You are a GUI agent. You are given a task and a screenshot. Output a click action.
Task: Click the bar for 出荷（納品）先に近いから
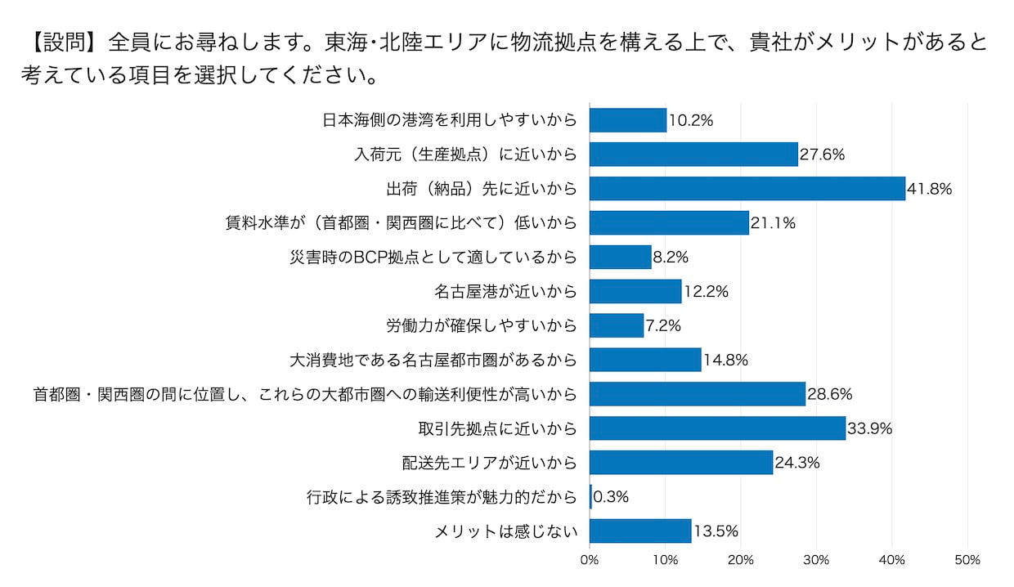coord(747,188)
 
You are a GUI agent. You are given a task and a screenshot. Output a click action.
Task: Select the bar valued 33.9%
coord(717,428)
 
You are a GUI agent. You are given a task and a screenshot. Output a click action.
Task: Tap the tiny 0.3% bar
coord(590,496)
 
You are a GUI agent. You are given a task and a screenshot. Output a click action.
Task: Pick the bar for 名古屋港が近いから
coord(635,291)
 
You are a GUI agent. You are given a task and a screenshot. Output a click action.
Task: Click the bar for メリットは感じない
coord(640,531)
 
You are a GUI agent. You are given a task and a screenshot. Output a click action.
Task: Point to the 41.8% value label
coord(930,189)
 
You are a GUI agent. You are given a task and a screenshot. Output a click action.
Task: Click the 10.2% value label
coord(691,120)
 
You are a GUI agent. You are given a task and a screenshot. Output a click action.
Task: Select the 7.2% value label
coord(663,326)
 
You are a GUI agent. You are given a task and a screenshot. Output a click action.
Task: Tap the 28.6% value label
coord(830,394)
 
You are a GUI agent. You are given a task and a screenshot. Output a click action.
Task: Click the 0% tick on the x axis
coord(590,560)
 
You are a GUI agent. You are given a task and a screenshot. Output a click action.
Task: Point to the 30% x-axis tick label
coord(816,560)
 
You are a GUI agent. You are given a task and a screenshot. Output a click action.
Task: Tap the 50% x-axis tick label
coord(967,560)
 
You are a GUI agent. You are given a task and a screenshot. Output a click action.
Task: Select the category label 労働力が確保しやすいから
coord(481,325)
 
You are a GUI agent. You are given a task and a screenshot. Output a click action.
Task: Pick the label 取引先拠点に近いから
coord(497,428)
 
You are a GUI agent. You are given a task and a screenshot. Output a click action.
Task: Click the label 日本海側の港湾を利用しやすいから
coord(449,120)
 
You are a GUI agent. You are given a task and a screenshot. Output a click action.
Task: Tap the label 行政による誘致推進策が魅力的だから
coord(442,496)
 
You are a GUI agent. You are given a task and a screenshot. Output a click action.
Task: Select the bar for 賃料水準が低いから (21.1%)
coord(669,222)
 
